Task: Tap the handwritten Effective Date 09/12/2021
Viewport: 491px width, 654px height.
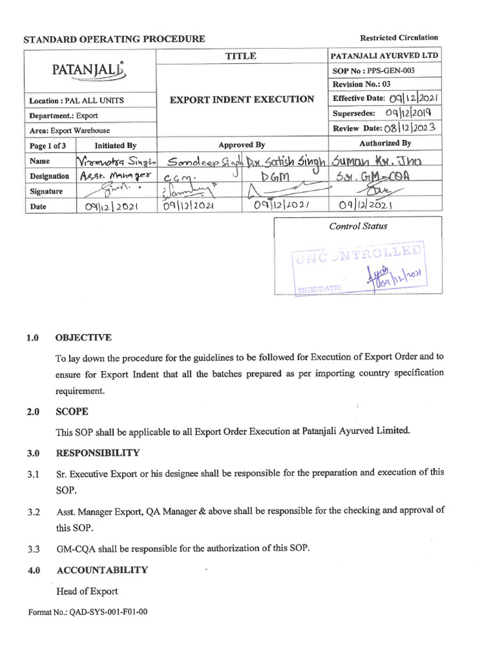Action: point(412,98)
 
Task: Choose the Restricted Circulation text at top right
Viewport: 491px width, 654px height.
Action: point(399,38)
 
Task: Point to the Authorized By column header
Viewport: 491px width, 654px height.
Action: point(385,144)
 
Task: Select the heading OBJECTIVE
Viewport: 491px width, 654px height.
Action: point(83,337)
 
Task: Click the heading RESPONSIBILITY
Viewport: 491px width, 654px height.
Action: point(97,453)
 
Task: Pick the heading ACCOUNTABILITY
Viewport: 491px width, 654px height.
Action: point(102,570)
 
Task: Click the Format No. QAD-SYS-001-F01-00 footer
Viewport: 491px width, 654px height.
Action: point(88,612)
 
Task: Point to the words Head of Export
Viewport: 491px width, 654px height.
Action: point(87,591)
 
